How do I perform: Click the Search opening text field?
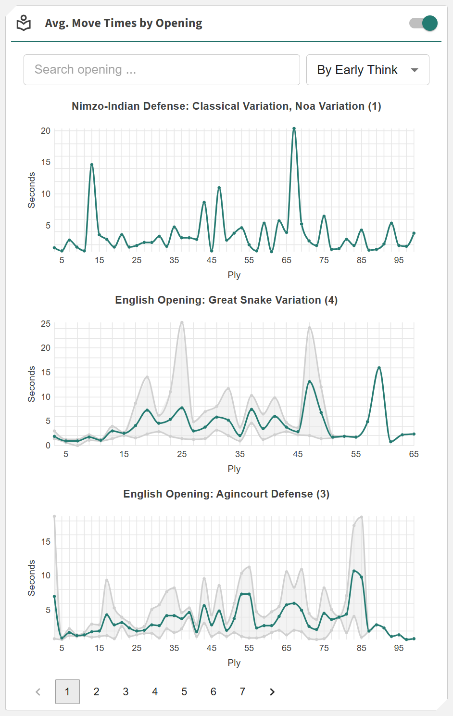(162, 70)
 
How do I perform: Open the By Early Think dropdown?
(367, 70)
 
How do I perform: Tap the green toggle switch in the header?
(424, 23)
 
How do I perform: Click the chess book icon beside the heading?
(24, 23)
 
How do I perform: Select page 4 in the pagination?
(155, 691)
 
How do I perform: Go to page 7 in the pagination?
(242, 691)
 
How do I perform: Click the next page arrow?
(272, 691)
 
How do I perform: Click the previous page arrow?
(38, 691)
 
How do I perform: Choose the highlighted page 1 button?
(67, 691)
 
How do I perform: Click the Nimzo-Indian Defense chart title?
(226, 106)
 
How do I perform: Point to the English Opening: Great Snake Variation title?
(226, 300)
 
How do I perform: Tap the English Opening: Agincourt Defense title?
(226, 494)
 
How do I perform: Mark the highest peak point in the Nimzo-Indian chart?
(294, 128)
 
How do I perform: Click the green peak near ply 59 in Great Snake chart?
(379, 368)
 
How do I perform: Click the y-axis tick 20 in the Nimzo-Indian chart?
(46, 131)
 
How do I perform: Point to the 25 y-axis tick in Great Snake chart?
(46, 324)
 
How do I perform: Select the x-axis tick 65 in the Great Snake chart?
(414, 454)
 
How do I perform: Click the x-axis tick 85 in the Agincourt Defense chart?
(362, 648)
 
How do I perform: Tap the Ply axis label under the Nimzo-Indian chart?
(234, 275)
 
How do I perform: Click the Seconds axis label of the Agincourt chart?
(32, 578)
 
